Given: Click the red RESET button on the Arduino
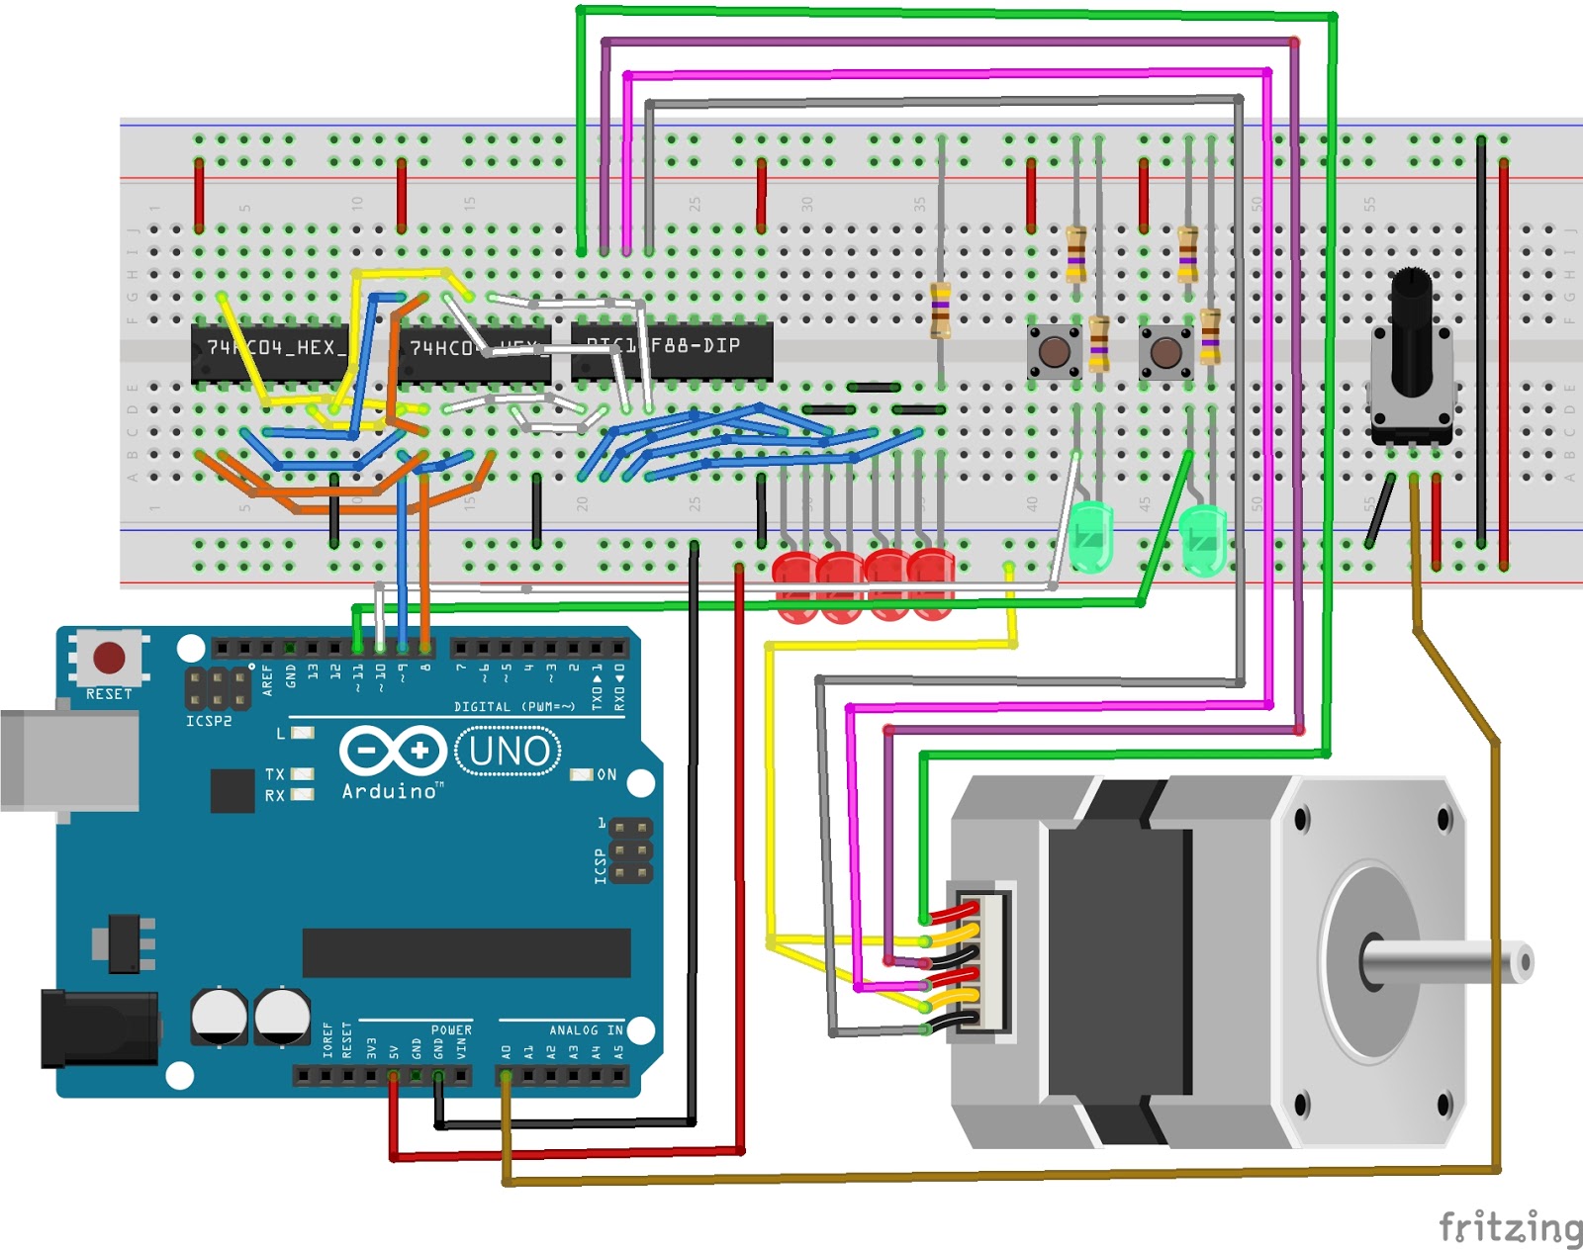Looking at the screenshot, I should [109, 658].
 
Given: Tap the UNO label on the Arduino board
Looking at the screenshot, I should [509, 752].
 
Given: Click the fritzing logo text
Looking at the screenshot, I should [1510, 1227].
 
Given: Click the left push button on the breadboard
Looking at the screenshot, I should [1054, 351].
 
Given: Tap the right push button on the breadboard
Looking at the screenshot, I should [1165, 351].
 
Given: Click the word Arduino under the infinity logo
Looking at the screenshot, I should [390, 791].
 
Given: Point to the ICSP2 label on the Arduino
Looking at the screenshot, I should [209, 721].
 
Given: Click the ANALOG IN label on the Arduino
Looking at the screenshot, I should [586, 1029].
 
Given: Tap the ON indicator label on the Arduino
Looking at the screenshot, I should [605, 774].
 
